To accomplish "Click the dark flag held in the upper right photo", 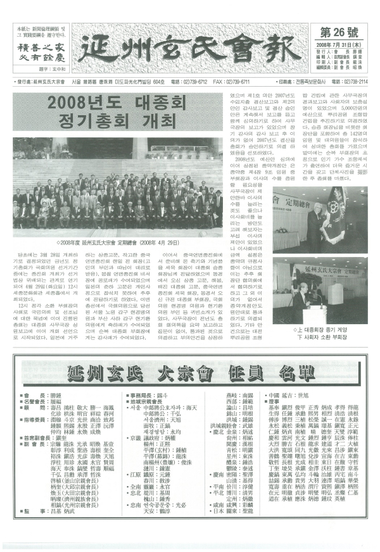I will (336, 201).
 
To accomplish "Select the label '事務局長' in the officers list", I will (141, 394).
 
